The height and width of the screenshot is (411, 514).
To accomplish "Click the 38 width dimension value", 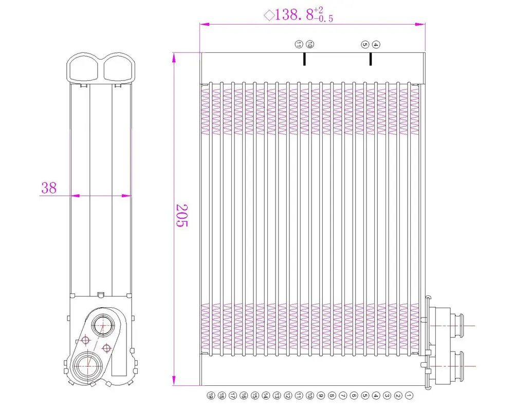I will pos(49,188).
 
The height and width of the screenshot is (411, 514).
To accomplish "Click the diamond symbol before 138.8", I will pos(269,15).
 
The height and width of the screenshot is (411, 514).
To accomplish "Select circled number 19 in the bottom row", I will pos(210,396).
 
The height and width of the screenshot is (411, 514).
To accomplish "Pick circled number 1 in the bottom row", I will pos(409,396).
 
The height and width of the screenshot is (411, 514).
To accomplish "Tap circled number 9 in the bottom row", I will pos(321,396).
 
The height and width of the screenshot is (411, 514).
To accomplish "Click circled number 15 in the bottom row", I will pos(254,396).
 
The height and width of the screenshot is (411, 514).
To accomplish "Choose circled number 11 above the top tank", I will pos(299,45).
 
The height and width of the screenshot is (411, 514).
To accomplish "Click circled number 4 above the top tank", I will pos(376,45).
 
